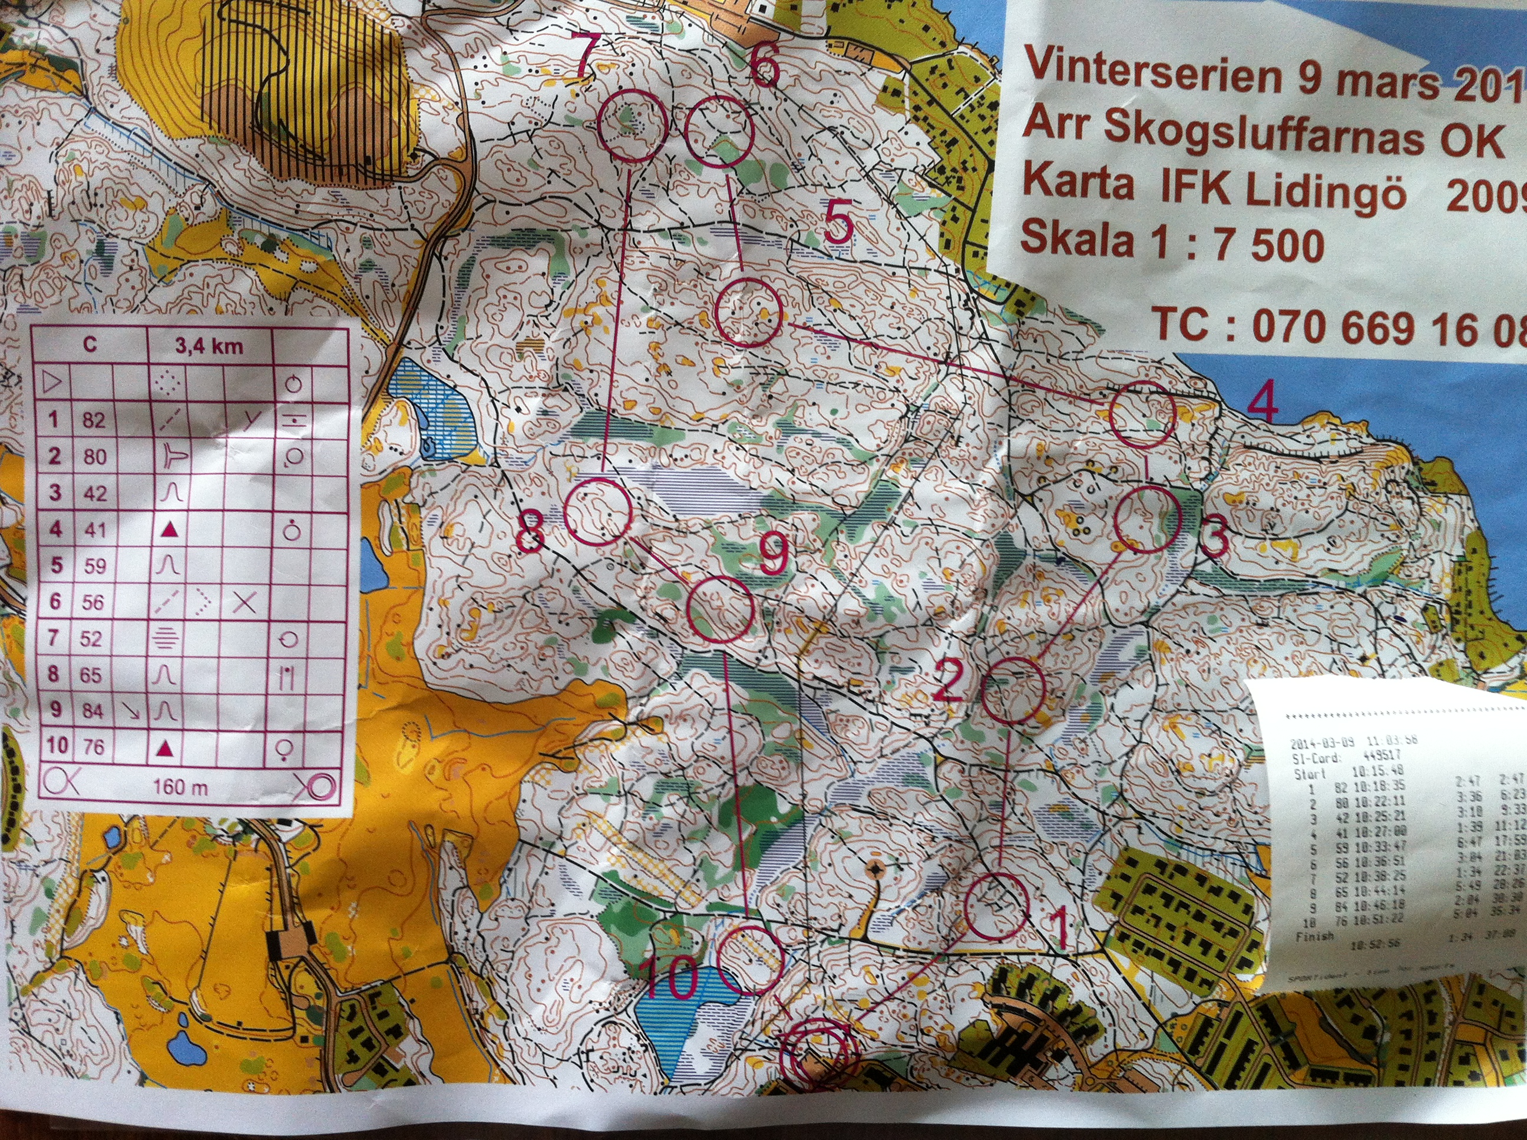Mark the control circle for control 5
[748, 313]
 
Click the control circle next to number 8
[597, 512]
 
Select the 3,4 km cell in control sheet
[209, 346]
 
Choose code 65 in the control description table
[91, 674]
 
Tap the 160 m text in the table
[180, 787]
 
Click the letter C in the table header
[90, 344]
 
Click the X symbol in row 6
[245, 602]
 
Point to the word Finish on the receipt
[1314, 937]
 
